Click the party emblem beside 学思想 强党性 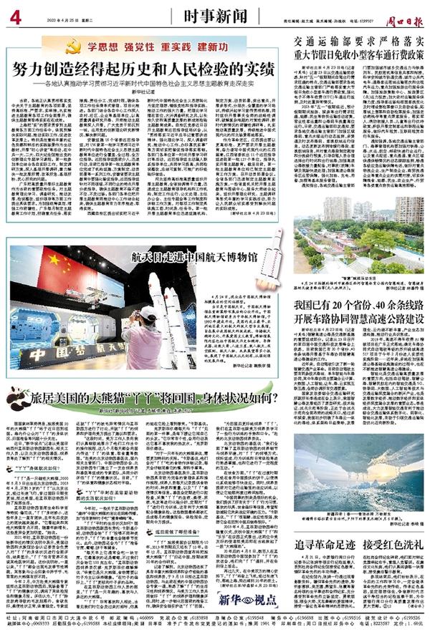(x=71, y=47)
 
